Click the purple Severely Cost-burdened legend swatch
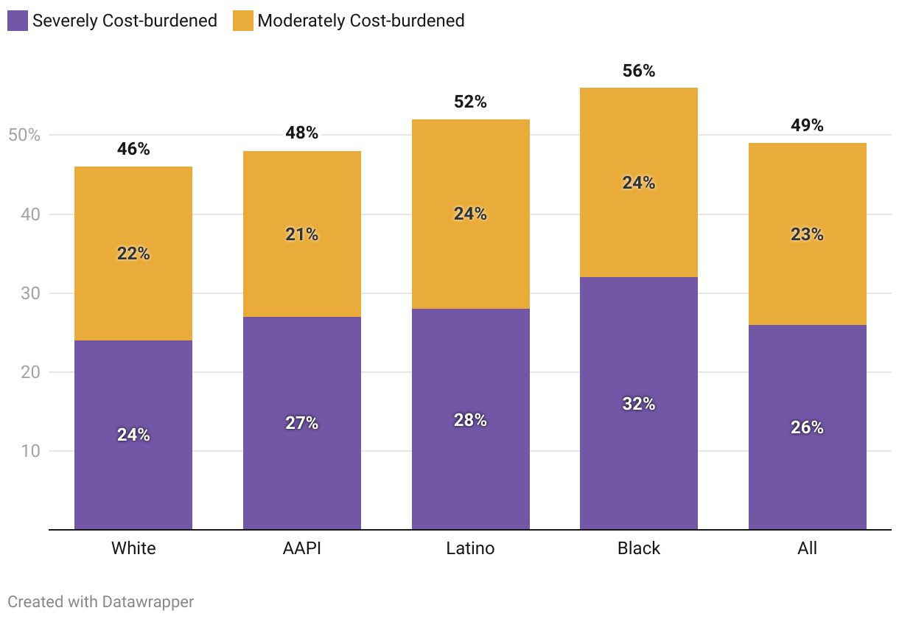[18, 21]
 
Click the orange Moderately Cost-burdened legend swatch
[243, 21]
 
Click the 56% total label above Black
[639, 71]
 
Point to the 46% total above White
[133, 150]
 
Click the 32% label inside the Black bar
[639, 404]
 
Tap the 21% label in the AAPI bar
[302, 234]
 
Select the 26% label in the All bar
[807, 427]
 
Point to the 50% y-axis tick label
[24, 136]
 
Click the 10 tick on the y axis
[29, 451]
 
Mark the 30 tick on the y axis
[29, 293]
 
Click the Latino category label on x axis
[471, 548]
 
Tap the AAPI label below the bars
[302, 548]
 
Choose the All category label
[807, 548]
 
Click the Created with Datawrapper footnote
[101, 601]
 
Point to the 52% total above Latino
[471, 102]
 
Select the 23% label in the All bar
[807, 234]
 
